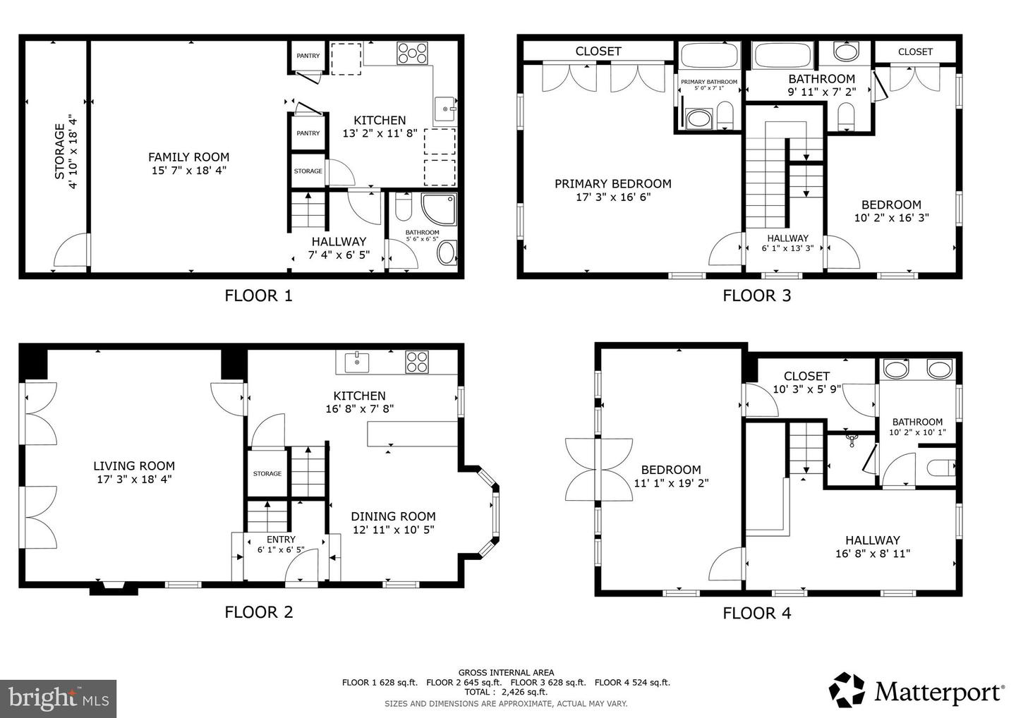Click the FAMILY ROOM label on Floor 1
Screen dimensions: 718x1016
(188, 157)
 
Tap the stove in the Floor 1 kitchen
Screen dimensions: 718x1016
(412, 54)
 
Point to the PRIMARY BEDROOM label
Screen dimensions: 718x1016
(612, 184)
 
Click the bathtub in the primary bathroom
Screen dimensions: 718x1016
(708, 56)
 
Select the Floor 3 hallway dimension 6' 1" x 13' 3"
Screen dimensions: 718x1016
(787, 248)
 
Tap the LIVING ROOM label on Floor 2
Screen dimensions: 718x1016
(134, 466)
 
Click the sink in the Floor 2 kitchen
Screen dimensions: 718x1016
(358, 363)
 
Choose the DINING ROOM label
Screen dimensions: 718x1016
(393, 516)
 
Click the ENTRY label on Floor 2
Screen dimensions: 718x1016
(281, 540)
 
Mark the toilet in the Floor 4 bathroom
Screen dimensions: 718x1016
(939, 468)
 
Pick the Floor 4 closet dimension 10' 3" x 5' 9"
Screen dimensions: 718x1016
(806, 389)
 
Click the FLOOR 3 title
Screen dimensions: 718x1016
(756, 296)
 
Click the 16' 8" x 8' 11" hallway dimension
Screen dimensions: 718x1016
(873, 554)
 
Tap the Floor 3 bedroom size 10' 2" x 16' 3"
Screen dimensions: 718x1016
(891, 218)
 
